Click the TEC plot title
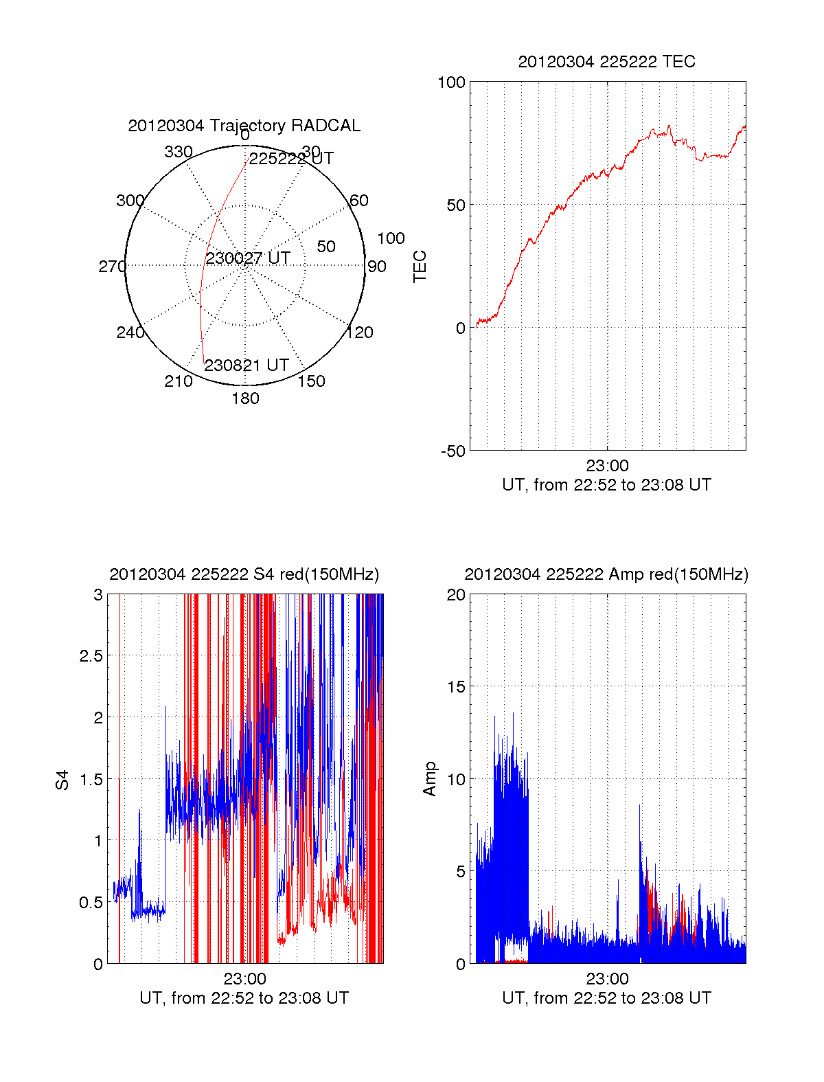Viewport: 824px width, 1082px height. click(x=606, y=62)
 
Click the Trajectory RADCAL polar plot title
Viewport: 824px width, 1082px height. click(x=244, y=126)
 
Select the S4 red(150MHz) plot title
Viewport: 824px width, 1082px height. click(x=244, y=574)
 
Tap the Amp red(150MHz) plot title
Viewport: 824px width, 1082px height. click(x=606, y=574)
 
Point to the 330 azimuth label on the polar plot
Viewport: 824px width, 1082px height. click(x=179, y=152)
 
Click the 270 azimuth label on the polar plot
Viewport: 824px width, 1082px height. click(x=112, y=267)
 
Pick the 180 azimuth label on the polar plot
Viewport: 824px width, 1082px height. click(x=245, y=398)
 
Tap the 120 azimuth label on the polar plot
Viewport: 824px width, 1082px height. click(x=360, y=333)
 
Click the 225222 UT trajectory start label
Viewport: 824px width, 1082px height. click(x=291, y=159)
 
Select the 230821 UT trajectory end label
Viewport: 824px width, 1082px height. click(x=247, y=365)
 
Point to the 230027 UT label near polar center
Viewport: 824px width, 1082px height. click(x=248, y=258)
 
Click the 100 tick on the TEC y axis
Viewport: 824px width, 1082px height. click(x=451, y=83)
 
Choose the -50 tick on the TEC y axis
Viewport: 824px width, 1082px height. click(x=453, y=451)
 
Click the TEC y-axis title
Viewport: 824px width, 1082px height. click(x=420, y=267)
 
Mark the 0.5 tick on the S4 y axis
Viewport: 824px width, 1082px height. click(x=91, y=903)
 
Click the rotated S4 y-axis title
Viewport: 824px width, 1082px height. click(x=62, y=780)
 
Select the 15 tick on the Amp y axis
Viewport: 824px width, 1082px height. click(x=456, y=687)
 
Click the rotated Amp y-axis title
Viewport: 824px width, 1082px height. click(x=430, y=779)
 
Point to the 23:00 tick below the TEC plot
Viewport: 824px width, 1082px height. click(x=607, y=466)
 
